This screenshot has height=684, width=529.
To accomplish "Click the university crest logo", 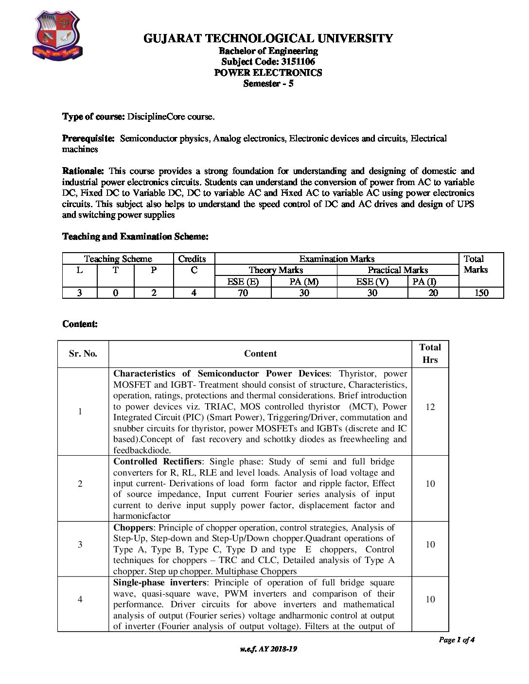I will (x=57, y=36).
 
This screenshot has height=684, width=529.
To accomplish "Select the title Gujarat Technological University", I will (x=268, y=38).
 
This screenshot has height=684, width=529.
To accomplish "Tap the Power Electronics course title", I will (x=268, y=73).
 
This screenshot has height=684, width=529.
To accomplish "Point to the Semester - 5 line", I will (x=268, y=84).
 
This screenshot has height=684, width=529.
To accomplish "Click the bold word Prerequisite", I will (x=88, y=138).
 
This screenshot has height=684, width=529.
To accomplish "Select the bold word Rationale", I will (x=83, y=171).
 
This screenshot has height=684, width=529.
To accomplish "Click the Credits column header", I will (x=192, y=259).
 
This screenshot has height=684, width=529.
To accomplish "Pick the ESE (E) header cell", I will (x=243, y=281).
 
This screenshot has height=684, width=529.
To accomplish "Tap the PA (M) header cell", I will (x=304, y=281).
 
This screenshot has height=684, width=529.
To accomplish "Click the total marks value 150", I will (x=481, y=292).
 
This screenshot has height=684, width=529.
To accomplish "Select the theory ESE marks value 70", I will (x=243, y=292).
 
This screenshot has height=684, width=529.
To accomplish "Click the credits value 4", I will (x=194, y=292).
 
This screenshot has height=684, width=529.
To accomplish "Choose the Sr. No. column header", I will (x=83, y=354).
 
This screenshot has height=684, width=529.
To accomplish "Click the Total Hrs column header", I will (x=430, y=353).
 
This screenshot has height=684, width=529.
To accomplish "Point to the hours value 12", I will (x=430, y=407).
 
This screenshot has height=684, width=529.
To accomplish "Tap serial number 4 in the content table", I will (x=80, y=599).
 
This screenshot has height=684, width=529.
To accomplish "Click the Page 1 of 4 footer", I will (x=456, y=640).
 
